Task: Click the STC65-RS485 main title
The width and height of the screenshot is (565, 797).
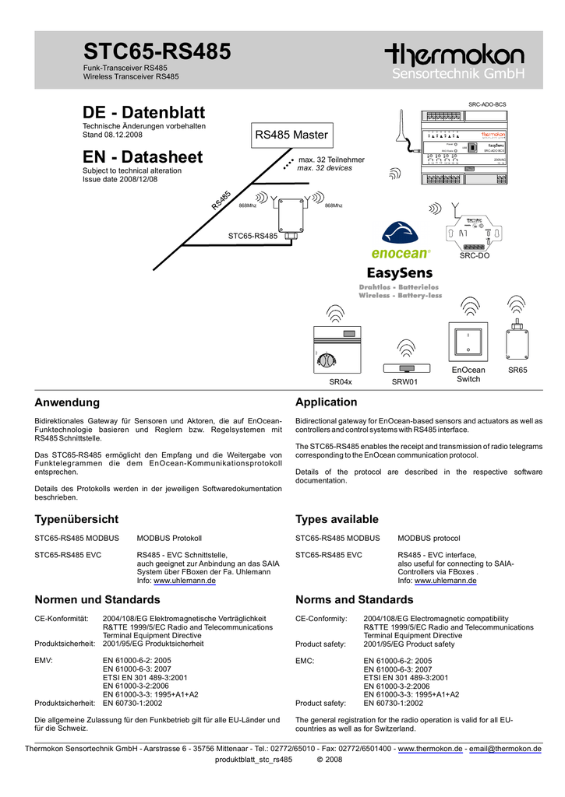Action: coord(157,52)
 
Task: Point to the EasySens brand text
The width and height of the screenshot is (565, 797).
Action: coord(400,273)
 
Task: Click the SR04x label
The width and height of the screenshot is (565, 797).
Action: coord(341,381)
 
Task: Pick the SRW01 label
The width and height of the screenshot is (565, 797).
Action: coord(405,382)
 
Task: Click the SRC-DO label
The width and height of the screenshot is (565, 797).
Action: coord(475,255)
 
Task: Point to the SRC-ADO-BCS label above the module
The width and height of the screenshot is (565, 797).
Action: coord(487,104)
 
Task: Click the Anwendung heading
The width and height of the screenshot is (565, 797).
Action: coord(67,402)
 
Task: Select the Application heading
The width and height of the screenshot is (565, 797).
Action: coord(327,402)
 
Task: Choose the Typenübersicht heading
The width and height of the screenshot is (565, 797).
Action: coord(76,519)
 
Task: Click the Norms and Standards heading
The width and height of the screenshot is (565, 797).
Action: coord(355,599)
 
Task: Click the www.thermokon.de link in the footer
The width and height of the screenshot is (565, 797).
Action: coord(430,749)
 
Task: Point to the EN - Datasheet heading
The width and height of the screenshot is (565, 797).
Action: coord(143,156)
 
